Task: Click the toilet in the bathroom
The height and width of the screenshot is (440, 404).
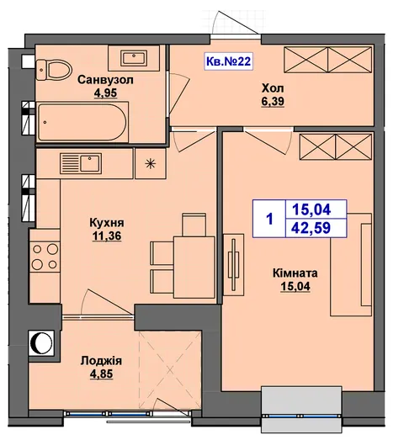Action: (x=54, y=70)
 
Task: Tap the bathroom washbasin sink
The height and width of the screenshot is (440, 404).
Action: (x=134, y=58)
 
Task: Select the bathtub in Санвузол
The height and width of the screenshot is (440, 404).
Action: (x=82, y=122)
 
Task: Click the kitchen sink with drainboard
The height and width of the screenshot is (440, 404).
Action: (x=81, y=163)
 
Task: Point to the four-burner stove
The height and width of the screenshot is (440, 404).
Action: (x=45, y=257)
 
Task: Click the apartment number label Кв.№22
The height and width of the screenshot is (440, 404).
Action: (x=228, y=61)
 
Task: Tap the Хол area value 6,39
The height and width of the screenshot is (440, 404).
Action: (x=273, y=102)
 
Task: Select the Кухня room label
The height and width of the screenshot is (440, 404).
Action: (x=107, y=223)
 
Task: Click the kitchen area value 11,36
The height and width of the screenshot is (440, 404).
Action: (x=107, y=236)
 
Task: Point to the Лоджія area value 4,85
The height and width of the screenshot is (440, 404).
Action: (x=101, y=374)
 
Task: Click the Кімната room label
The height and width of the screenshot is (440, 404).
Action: (x=295, y=273)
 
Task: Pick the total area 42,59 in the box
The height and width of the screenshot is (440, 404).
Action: (x=311, y=228)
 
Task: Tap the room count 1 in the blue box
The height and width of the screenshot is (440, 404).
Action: (x=270, y=219)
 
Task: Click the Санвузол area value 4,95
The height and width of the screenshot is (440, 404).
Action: (x=105, y=93)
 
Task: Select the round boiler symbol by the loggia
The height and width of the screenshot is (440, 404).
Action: (x=41, y=342)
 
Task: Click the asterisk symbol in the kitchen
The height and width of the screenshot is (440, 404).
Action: (x=151, y=163)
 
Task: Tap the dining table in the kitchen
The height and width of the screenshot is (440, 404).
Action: (x=194, y=268)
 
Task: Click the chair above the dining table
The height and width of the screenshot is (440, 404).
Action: (x=194, y=225)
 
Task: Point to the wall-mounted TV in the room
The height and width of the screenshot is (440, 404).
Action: (x=233, y=264)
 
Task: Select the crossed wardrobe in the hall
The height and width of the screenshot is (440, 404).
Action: (x=328, y=59)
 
